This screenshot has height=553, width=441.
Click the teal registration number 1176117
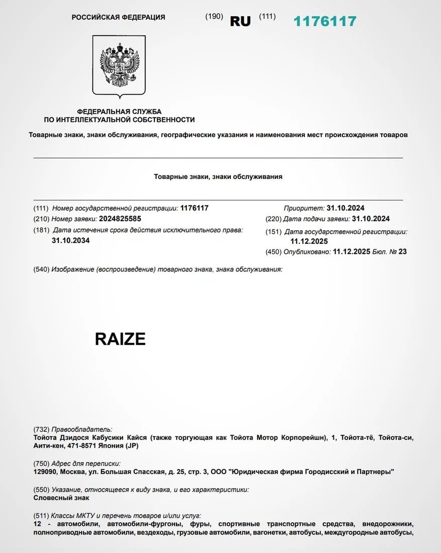tap(325, 21)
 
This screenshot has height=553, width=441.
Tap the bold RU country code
tap(240, 21)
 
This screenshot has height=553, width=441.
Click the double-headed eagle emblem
tap(119, 65)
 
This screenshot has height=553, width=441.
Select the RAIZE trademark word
tap(120, 339)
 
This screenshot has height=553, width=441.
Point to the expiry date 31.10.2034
tap(71, 240)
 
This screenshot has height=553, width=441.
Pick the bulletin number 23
tap(402, 252)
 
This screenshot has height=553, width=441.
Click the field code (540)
tap(41, 269)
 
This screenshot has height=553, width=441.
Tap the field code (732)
tap(41, 430)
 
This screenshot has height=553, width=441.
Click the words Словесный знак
tap(61, 498)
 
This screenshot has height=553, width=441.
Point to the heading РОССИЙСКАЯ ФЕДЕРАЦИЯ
tap(118, 17)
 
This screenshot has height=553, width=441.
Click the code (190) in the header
tap(214, 16)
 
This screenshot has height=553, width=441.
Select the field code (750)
tap(41, 463)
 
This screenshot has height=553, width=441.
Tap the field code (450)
tap(274, 252)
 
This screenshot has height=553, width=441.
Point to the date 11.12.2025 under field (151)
tap(309, 241)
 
